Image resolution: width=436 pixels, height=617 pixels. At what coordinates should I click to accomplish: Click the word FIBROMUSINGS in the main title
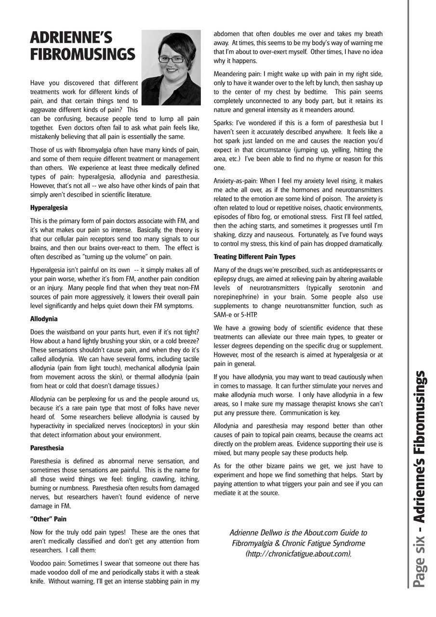click(82, 54)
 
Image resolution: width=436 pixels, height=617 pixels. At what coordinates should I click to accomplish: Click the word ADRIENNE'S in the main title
click(71, 38)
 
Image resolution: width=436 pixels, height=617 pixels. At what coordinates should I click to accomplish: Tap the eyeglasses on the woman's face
click(171, 60)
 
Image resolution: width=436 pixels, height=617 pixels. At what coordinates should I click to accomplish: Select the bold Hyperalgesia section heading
click(49, 208)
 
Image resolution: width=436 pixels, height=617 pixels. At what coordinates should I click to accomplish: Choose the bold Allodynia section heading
click(43, 319)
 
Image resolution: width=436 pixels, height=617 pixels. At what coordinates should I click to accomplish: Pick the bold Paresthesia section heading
click(47, 448)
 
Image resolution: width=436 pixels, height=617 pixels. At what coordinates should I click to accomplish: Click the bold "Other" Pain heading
click(48, 519)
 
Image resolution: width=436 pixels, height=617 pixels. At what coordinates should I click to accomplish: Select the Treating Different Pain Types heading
click(254, 257)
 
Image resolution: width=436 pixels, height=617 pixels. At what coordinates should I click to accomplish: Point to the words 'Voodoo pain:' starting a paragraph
click(47, 563)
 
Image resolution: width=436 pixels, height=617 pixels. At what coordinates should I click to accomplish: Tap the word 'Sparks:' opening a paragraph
click(224, 123)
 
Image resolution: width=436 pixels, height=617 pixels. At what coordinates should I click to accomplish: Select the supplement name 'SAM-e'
click(223, 314)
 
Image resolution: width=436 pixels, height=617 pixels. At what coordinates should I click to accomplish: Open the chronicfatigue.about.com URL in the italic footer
click(298, 554)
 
